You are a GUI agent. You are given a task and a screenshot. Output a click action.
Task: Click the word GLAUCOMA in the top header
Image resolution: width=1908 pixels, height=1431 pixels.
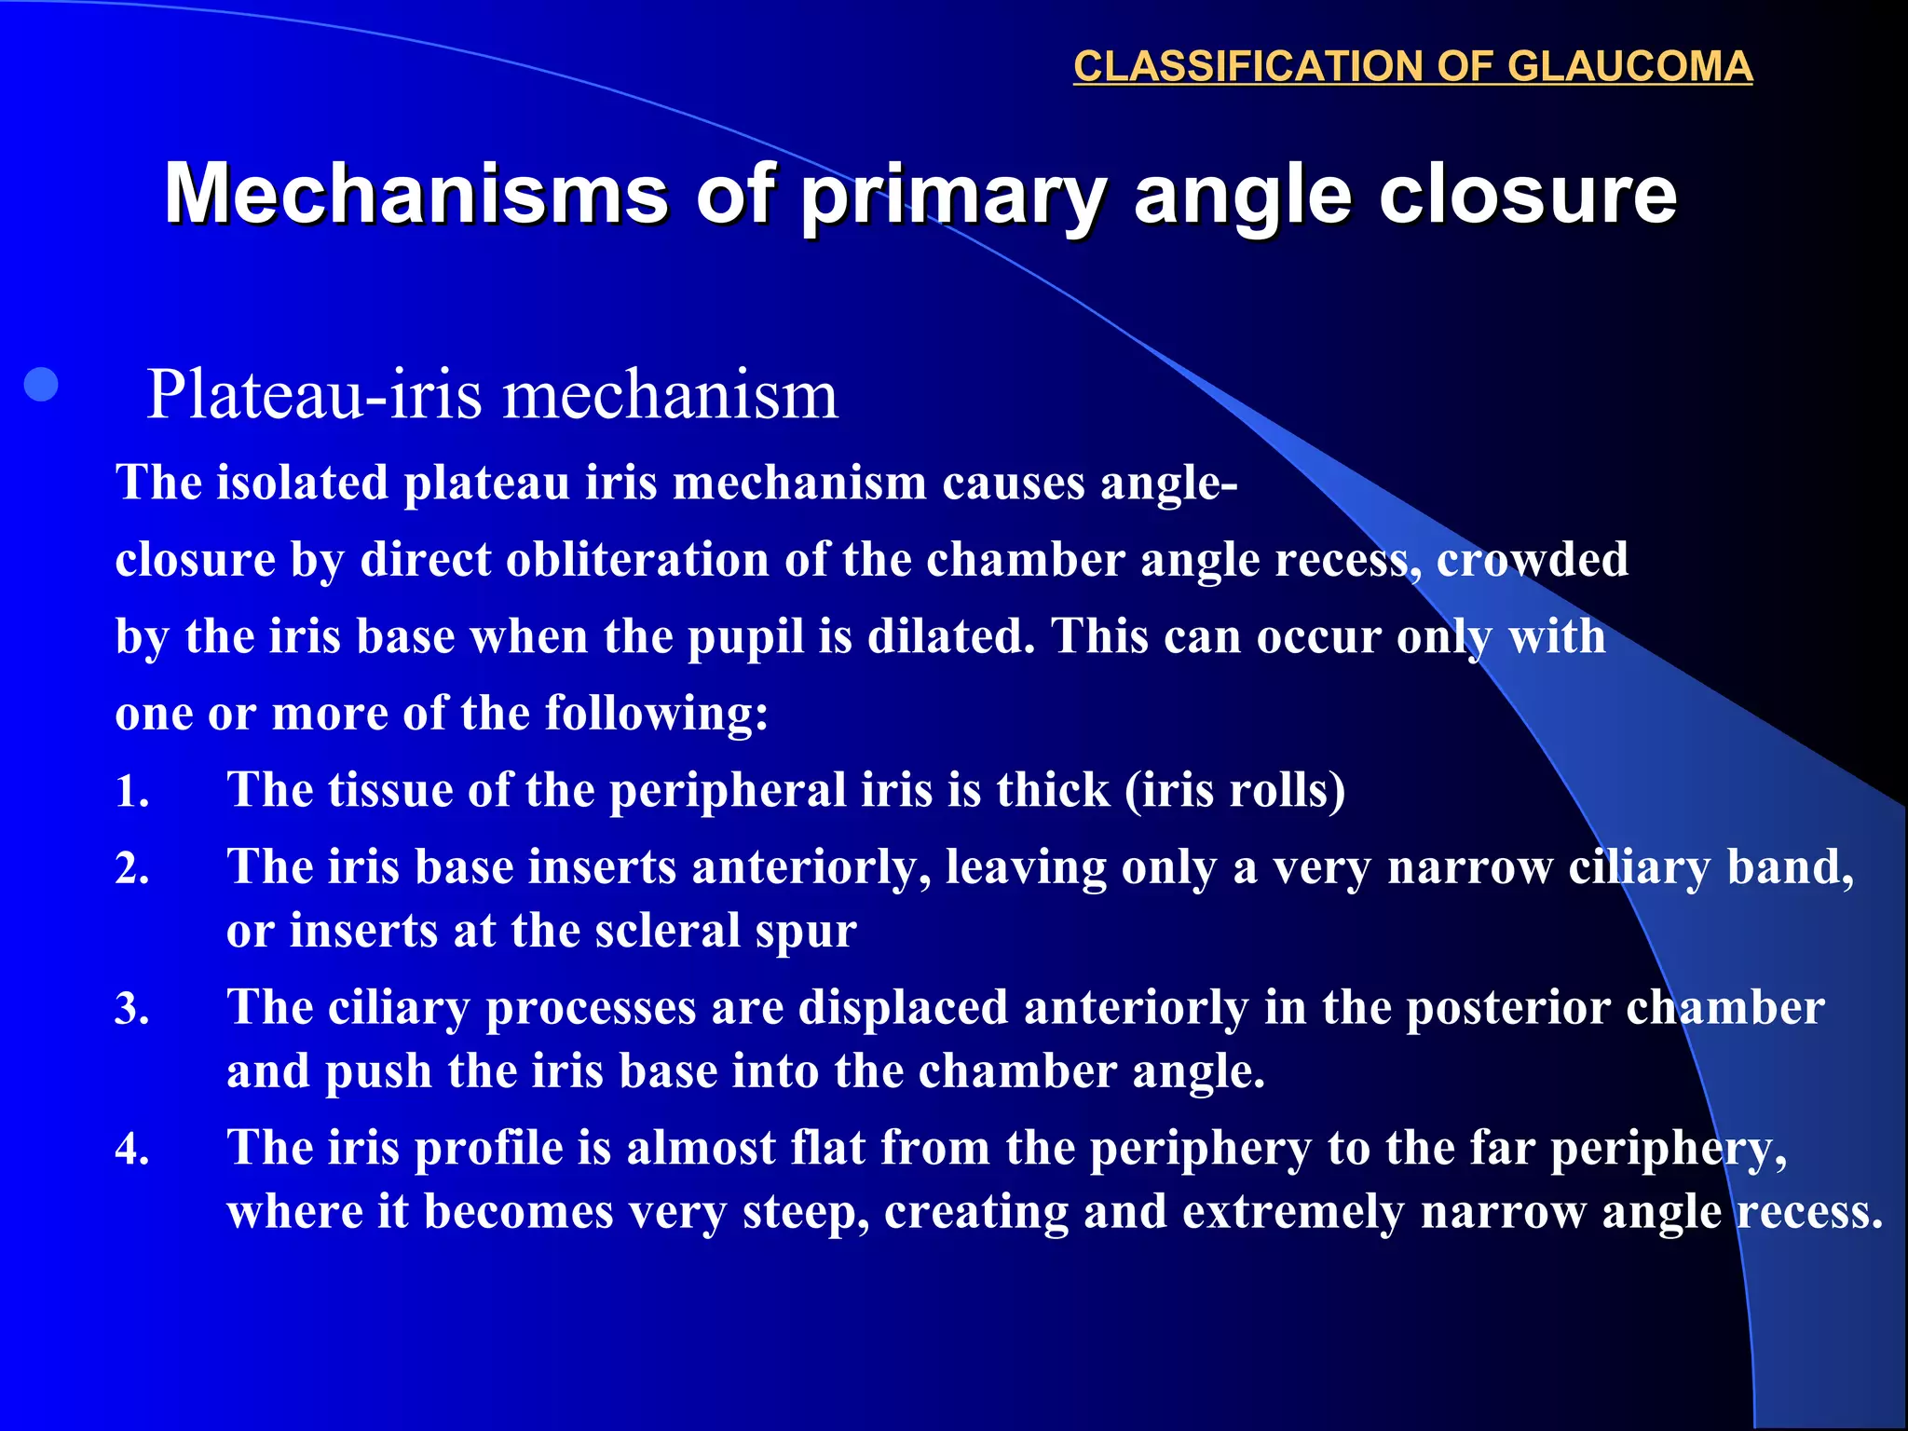click(x=1629, y=67)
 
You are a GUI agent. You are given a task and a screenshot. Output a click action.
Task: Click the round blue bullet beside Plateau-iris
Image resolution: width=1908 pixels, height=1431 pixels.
click(x=42, y=385)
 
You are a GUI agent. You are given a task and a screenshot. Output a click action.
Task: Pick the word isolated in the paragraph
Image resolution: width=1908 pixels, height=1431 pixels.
click(x=302, y=483)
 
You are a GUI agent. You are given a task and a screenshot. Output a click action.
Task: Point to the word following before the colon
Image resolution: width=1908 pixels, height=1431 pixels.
click(x=653, y=714)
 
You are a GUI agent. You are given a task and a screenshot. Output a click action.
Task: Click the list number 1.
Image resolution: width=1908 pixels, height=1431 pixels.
click(x=131, y=792)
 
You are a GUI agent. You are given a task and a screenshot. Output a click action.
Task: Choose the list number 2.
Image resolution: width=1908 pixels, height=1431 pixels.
click(x=131, y=869)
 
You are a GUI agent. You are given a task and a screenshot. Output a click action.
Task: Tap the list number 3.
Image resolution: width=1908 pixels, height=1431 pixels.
click(x=131, y=1009)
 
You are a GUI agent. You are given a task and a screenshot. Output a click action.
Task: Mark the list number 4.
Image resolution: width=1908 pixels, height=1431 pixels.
click(x=131, y=1149)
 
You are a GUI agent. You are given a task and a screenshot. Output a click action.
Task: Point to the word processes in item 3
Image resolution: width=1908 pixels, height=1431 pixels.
click(x=591, y=1009)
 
